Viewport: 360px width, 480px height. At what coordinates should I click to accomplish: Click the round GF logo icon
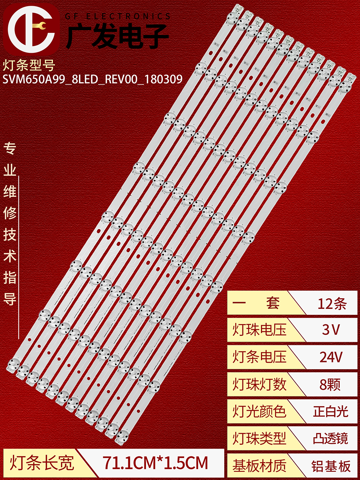pos(31,29)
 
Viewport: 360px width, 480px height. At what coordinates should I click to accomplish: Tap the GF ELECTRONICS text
pos(118,16)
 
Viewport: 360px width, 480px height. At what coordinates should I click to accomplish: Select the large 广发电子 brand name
pos(117,36)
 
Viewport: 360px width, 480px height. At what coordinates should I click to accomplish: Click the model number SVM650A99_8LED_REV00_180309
pos(93,80)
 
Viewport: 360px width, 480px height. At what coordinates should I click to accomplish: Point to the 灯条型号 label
pos(29,65)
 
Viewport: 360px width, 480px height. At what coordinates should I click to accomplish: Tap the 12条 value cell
pos(332,303)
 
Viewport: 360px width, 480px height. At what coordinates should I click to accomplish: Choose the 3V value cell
pos(331,330)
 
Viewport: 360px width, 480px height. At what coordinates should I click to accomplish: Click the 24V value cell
pos(331,357)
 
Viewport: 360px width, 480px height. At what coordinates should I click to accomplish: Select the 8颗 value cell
pos(330,384)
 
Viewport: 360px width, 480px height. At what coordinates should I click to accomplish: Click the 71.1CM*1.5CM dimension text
pos(155,463)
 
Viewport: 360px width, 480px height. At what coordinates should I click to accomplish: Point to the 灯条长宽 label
pos(41,463)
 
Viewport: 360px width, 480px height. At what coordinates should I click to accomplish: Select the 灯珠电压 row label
pos(260,330)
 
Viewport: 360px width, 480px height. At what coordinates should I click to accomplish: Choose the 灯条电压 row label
pos(260,357)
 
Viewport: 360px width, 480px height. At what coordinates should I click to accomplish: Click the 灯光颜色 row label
pos(260,411)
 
